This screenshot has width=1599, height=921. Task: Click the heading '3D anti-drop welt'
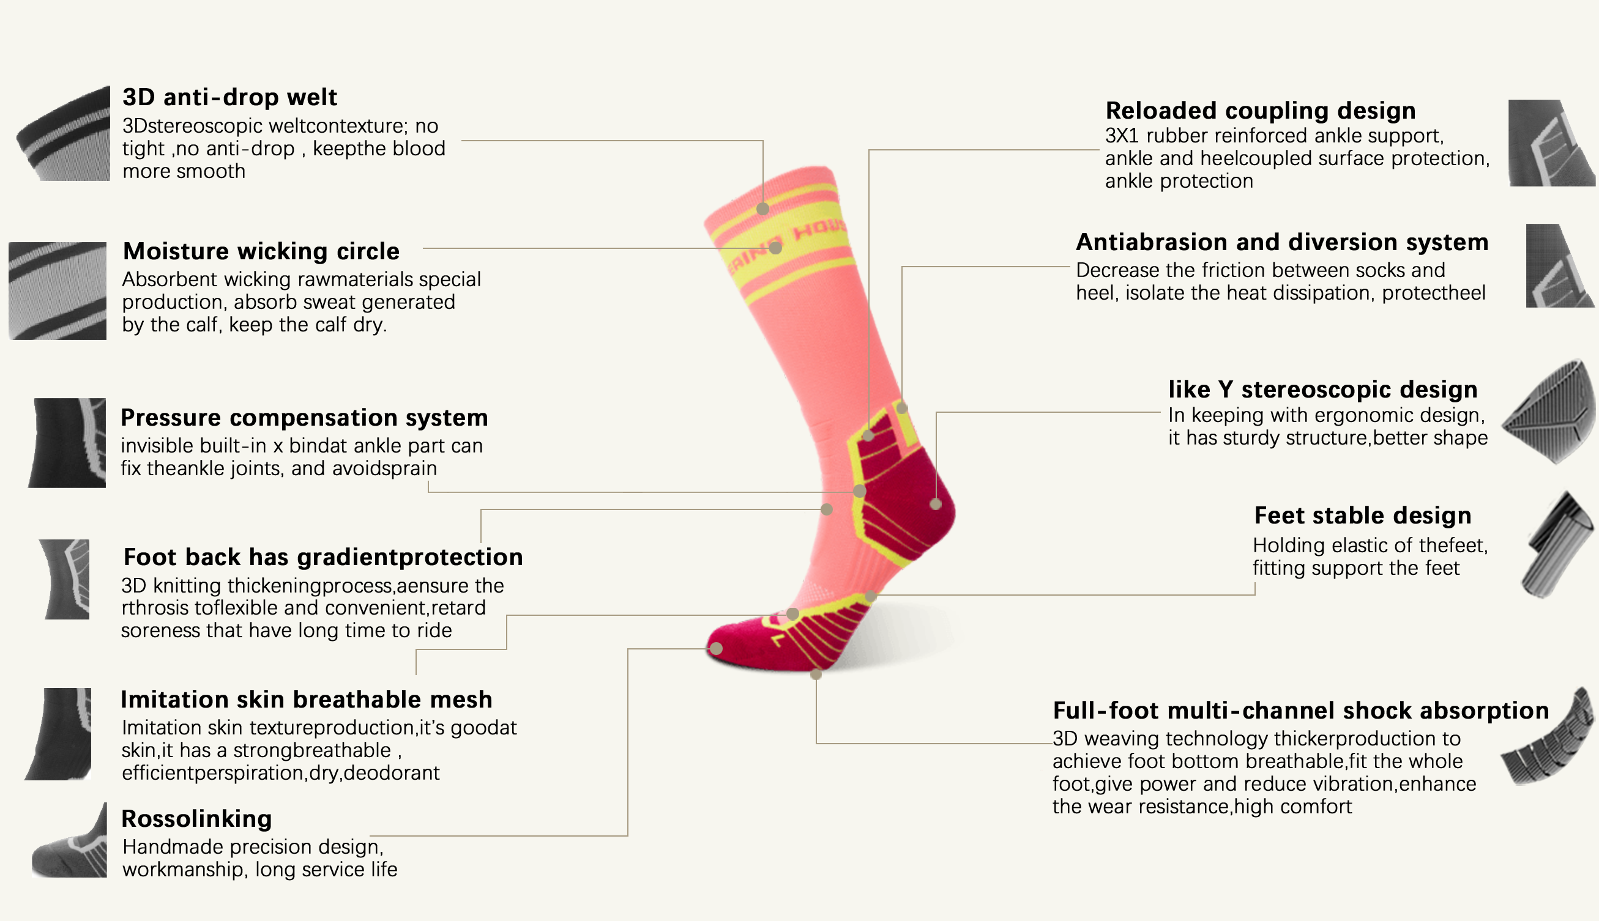point(229,97)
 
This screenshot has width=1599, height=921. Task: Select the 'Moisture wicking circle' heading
point(261,251)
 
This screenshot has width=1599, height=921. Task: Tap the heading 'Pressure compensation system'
point(304,418)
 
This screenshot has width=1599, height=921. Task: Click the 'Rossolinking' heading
point(197,818)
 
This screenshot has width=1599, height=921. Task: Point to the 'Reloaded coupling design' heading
point(1261,111)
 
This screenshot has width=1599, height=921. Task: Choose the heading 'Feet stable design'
point(1362,516)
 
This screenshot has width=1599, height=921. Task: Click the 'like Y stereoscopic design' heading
point(1322,390)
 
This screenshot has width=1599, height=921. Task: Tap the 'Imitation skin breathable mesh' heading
point(306,700)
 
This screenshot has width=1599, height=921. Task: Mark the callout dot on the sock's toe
point(717,648)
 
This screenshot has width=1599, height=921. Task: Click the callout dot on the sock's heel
point(936,504)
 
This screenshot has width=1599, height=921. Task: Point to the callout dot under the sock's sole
point(816,675)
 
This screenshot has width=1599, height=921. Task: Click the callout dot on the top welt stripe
point(763,209)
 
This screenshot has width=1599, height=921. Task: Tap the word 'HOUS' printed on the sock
point(820,229)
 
